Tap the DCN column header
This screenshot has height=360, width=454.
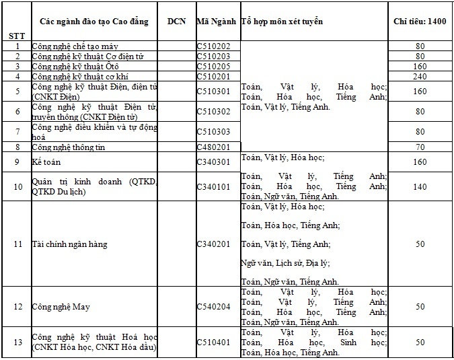pyautogui.click(x=177, y=22)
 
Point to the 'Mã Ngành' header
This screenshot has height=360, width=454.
pyautogui.click(x=217, y=22)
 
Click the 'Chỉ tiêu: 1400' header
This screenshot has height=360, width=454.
pyautogui.click(x=420, y=22)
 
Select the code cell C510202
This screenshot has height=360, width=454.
pyautogui.click(x=214, y=46)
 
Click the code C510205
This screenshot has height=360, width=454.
pyautogui.click(x=214, y=67)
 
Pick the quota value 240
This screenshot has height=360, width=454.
pyautogui.click(x=420, y=77)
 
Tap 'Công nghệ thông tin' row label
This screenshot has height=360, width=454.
pyautogui.click(x=69, y=147)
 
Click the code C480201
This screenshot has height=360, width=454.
pyautogui.click(x=214, y=147)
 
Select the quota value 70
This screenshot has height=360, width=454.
pyautogui.click(x=420, y=147)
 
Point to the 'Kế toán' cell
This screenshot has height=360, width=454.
pyautogui.click(x=46, y=162)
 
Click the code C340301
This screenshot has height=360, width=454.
pyautogui.click(x=214, y=162)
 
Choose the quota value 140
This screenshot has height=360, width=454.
pyautogui.click(x=420, y=186)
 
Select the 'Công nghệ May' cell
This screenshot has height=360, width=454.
pyautogui.click(x=61, y=307)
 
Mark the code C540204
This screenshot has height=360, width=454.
pyautogui.click(x=214, y=307)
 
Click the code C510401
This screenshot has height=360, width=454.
pyautogui.click(x=214, y=343)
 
